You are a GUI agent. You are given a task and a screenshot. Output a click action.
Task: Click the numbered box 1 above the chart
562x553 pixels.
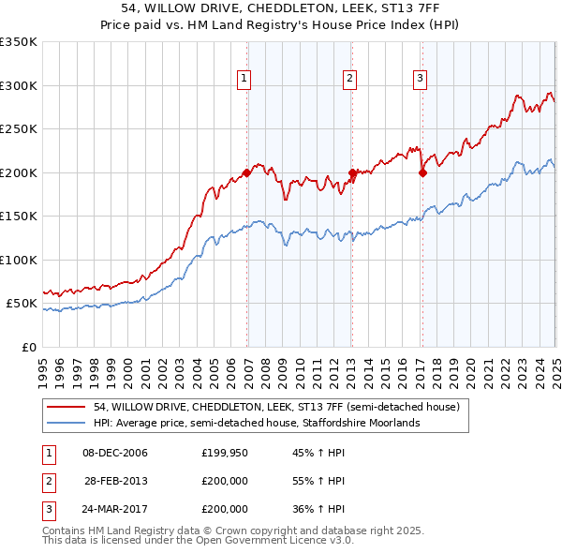244,80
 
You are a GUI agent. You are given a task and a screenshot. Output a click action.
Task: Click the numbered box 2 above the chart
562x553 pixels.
349,80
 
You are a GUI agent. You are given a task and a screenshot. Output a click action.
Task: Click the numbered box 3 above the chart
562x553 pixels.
420,80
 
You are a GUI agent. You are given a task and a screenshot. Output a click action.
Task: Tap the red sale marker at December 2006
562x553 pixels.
247,172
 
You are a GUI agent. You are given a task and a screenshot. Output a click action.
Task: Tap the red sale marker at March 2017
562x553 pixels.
422,172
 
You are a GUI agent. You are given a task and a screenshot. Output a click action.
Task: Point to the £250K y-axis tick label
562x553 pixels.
19,128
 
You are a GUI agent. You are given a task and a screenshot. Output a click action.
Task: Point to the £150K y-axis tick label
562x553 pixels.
19,216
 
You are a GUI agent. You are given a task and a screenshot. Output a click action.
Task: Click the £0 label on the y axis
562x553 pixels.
29,347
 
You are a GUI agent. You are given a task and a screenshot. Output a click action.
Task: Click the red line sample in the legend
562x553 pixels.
67,408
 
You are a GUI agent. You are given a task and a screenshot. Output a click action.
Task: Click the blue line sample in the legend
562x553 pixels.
67,424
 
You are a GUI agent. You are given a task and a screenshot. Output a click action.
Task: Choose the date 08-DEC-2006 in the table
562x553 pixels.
115,453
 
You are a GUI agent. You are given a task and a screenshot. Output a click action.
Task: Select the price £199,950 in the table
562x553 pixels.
225,453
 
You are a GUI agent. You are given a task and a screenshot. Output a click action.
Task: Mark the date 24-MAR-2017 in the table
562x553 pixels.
115,509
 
